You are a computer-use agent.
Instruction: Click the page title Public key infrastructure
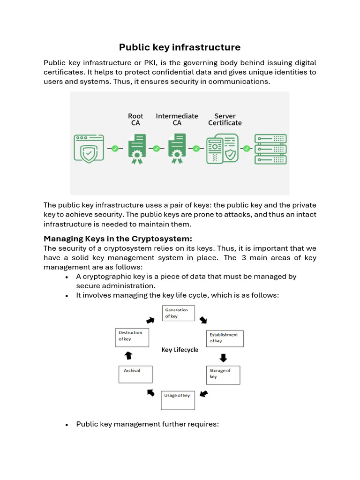180,47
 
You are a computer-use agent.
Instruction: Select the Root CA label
135,120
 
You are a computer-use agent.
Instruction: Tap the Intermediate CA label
177,120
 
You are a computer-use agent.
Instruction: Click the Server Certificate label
225,120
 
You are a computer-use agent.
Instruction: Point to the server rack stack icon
270,149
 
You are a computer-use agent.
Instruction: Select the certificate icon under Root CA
136,149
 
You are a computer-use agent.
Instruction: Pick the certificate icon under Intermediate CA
177,149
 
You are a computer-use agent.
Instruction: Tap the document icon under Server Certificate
222,149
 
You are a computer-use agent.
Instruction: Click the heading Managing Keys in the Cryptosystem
118,238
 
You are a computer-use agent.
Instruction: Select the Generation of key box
178,313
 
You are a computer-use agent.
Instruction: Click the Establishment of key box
225,338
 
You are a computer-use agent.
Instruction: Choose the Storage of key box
223,375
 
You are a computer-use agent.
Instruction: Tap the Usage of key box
178,397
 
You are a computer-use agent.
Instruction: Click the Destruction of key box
132,337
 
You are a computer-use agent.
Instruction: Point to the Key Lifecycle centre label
180,350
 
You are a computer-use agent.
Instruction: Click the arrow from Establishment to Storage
223,358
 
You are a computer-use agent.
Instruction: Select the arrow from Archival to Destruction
128,356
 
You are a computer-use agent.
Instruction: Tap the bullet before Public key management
67,425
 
